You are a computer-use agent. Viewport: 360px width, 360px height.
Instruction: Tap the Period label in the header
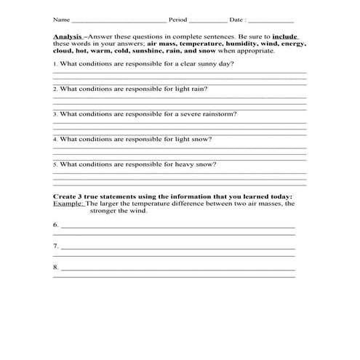click(x=177, y=20)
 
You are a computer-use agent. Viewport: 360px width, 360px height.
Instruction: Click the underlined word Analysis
click(x=66, y=36)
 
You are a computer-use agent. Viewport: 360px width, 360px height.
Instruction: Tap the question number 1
click(x=55, y=64)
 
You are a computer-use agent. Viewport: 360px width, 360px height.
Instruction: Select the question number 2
click(x=55, y=89)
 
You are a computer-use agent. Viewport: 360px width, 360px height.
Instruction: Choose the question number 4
click(x=55, y=139)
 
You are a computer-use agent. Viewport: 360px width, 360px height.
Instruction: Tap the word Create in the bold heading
click(x=65, y=197)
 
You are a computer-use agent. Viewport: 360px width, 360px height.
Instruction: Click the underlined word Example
click(x=68, y=204)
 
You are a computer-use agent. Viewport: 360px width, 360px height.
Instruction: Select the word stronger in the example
click(x=102, y=212)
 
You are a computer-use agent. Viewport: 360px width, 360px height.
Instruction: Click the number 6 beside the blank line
click(x=55, y=226)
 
